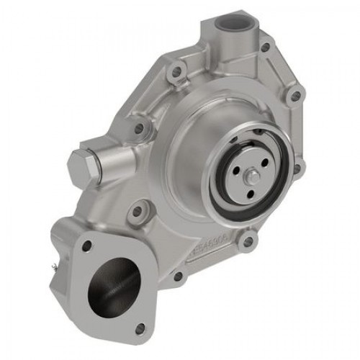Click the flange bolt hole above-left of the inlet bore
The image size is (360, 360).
[87, 246]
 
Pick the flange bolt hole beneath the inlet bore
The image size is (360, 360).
[140, 329]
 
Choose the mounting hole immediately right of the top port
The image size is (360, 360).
[266, 48]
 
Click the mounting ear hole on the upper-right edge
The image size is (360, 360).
[294, 95]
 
